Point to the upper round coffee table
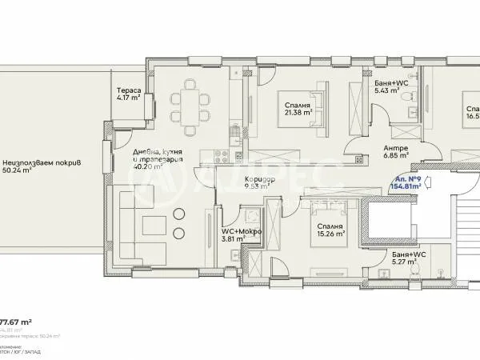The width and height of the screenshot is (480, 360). (177, 213)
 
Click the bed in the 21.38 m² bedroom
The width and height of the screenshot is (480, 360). (303, 110)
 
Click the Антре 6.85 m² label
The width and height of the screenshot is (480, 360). (395, 152)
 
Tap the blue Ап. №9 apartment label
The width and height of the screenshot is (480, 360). (406, 181)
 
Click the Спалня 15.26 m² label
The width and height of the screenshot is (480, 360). (329, 230)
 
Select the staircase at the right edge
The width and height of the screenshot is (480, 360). (466, 240)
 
